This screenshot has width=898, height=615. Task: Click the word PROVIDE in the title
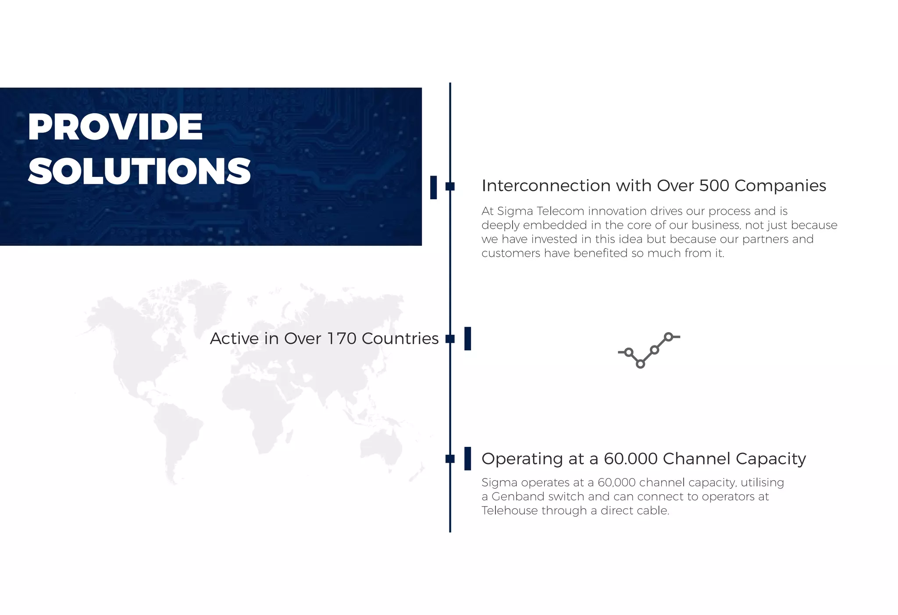tap(115, 127)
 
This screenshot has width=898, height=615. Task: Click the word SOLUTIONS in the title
tap(139, 171)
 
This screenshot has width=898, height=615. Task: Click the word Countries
tap(400, 338)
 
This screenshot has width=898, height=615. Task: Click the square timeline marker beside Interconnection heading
tap(450, 187)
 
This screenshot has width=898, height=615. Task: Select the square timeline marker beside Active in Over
tap(450, 339)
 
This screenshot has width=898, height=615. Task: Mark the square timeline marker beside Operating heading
tap(450, 459)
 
